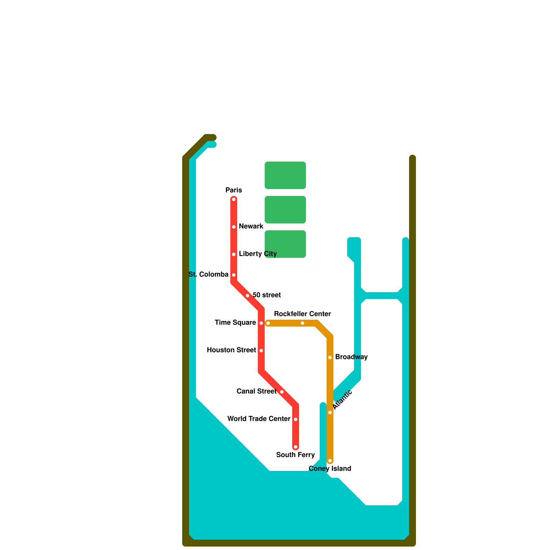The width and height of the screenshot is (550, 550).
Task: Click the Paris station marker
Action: pyautogui.click(x=234, y=199)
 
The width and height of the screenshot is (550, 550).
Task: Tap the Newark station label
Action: pyautogui.click(x=251, y=226)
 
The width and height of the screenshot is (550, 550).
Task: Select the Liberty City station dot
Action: pyautogui.click(x=234, y=254)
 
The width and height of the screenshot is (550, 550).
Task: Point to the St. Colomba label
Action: pyautogui.click(x=208, y=274)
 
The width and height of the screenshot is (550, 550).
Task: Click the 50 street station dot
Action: pyautogui.click(x=247, y=296)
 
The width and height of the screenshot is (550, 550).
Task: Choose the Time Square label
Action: pyautogui.click(x=235, y=322)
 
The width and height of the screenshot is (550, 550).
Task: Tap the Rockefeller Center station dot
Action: pyautogui.click(x=302, y=323)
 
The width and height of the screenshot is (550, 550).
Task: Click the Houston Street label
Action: pyautogui.click(x=231, y=350)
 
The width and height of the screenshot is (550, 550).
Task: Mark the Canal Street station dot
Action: pyautogui.click(x=282, y=392)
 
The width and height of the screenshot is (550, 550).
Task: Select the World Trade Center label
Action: pyautogui.click(x=259, y=419)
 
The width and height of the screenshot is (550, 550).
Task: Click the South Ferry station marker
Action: pyautogui.click(x=296, y=447)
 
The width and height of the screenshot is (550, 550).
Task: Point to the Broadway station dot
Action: pyautogui.click(x=330, y=357)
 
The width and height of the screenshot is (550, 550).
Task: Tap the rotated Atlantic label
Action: pyautogui.click(x=342, y=399)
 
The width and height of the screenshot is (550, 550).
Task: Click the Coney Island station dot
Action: pyautogui.click(x=330, y=461)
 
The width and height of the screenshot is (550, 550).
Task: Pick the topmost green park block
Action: pyautogui.click(x=285, y=175)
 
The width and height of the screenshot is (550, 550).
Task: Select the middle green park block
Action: pyautogui.click(x=285, y=210)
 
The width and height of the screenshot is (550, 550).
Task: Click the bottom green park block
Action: pyautogui.click(x=285, y=244)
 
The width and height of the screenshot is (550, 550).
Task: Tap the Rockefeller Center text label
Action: pyautogui.click(x=302, y=314)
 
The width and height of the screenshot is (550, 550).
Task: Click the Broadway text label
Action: pyautogui.click(x=351, y=357)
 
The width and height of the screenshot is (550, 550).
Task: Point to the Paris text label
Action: pyautogui.click(x=234, y=190)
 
